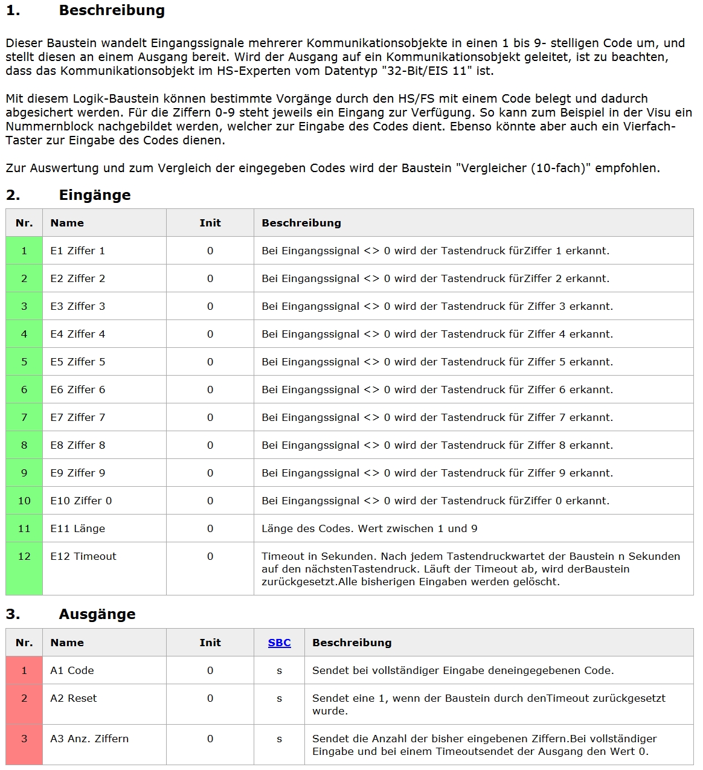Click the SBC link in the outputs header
click(279, 643)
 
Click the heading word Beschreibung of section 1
click(112, 10)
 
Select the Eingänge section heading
click(95, 195)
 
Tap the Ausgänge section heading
click(97, 614)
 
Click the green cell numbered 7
click(24, 417)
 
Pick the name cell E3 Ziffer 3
click(78, 306)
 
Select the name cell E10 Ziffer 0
click(81, 501)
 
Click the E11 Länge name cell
click(78, 528)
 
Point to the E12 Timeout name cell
click(83, 556)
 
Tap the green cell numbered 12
click(24, 556)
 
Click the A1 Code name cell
click(72, 670)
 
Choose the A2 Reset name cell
click(74, 698)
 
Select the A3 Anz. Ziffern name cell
click(89, 739)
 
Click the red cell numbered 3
click(24, 739)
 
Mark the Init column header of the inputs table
click(210, 223)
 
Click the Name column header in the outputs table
click(67, 643)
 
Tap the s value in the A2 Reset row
click(279, 698)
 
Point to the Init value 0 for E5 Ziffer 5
click(210, 362)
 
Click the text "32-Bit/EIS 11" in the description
click(431, 71)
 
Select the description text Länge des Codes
click(304, 528)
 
